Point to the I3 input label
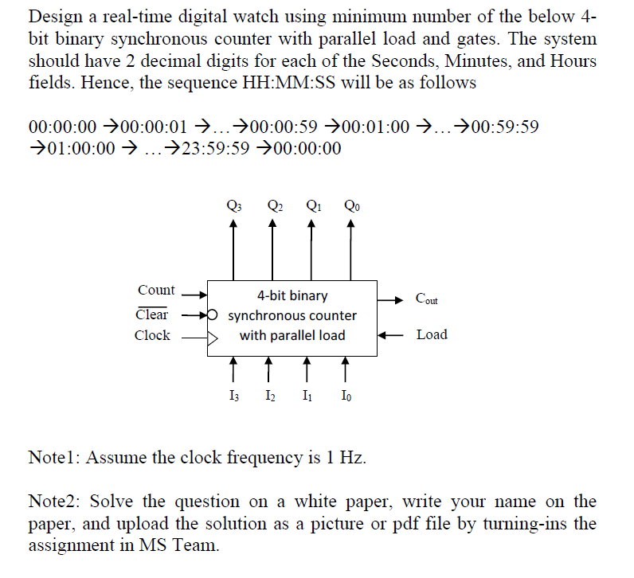(233, 396)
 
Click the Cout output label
(427, 300)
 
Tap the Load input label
(432, 334)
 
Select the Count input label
(156, 291)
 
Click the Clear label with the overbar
(153, 314)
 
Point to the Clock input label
(152, 335)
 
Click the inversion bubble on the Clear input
(212, 314)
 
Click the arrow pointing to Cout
(391, 300)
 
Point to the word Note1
(53, 457)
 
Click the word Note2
(53, 502)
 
